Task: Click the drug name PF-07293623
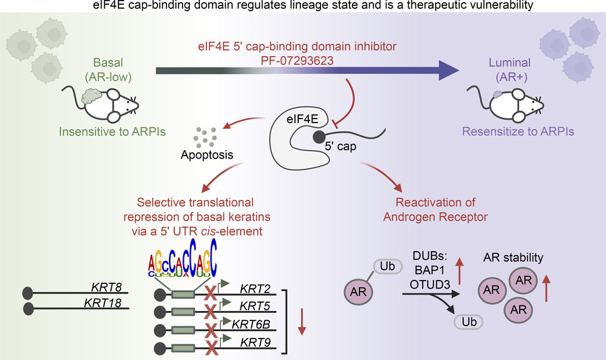tap(297, 61)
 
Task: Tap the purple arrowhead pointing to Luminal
tap(448, 71)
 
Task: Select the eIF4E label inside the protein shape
tap(302, 119)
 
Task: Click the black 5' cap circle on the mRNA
tap(319, 137)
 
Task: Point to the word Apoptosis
tap(207, 155)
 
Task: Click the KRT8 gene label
tap(106, 287)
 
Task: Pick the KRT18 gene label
tap(103, 303)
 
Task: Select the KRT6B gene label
tap(251, 324)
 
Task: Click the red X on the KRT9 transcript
tap(211, 348)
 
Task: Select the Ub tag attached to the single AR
tap(388, 266)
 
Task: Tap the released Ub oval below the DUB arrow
tap(469, 322)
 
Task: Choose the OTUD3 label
tap(430, 285)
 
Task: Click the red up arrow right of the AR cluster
tap(546, 288)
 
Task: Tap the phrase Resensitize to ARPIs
tap(518, 132)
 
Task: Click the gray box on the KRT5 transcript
tap(183, 312)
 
